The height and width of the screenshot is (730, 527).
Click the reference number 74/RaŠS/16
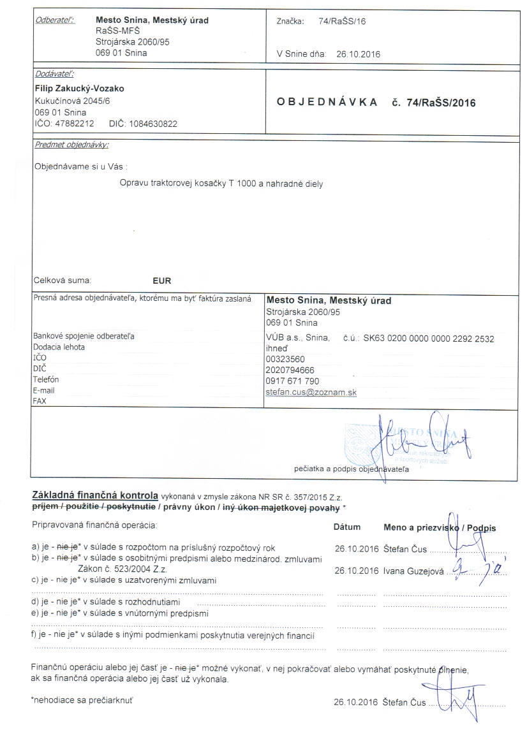coord(342,21)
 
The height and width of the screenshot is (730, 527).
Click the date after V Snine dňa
coord(358,54)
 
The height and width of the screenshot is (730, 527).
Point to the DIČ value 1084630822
coord(153,124)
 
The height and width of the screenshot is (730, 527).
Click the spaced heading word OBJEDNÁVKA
coord(327,102)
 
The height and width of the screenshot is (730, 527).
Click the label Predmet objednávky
coord(71,145)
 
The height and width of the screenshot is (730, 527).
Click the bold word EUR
coord(162,281)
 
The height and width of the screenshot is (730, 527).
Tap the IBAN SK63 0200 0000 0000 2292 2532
coord(428,339)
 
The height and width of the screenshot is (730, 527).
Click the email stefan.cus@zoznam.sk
coord(311,392)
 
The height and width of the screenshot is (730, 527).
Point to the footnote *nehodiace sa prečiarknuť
coord(82,700)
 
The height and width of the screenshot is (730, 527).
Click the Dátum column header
coord(347,527)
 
